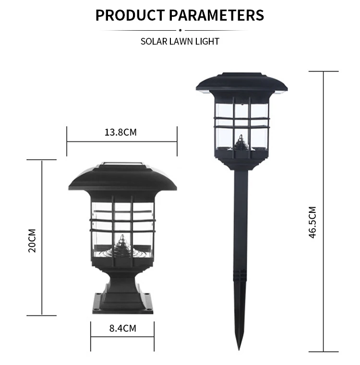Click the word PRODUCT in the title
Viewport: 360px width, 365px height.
tap(130, 15)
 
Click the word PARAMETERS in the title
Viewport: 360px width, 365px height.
tap(216, 15)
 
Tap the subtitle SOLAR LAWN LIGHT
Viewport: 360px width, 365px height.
tap(180, 41)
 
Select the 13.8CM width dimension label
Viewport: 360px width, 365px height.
tap(120, 132)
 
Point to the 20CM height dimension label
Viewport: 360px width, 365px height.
tap(32, 240)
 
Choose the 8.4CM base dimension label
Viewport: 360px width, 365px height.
tap(122, 328)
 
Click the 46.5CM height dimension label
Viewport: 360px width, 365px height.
tap(312, 222)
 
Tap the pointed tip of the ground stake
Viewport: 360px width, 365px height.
tap(239, 350)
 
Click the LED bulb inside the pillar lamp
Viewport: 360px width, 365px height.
tap(122, 246)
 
